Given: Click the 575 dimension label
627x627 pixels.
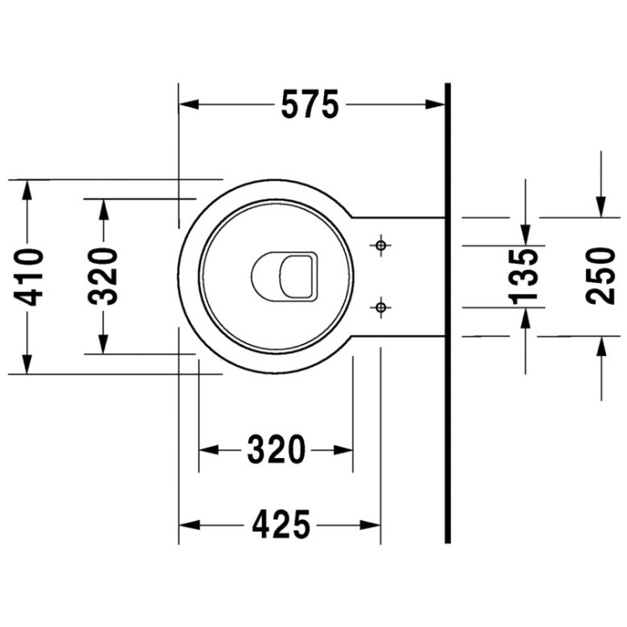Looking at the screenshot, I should (x=309, y=105).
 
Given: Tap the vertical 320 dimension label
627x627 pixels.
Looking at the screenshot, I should (x=104, y=276).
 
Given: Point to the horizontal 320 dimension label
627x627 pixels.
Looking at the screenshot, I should (x=276, y=450).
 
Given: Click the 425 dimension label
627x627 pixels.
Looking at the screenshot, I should (x=280, y=525).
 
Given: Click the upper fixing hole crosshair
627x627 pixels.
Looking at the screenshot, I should (x=380, y=246).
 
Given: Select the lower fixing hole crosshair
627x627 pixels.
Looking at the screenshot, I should (x=380, y=307).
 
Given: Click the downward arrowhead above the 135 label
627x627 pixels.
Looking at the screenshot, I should (x=525, y=234).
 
